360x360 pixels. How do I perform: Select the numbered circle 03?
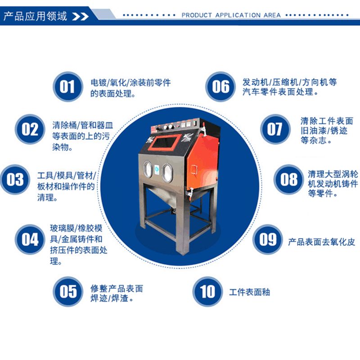point(15,180)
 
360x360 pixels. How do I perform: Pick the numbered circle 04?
point(30,239)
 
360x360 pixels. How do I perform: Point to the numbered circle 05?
point(68,291)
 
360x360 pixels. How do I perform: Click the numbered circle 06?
point(220,86)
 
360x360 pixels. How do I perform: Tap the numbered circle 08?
point(289,180)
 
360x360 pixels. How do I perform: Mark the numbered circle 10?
point(207,291)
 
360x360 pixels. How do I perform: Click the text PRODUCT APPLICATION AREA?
point(231,15)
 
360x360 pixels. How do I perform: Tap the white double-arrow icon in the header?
point(81,17)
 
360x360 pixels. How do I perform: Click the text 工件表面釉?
point(249,292)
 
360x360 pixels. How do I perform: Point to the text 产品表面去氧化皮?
point(321,242)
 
